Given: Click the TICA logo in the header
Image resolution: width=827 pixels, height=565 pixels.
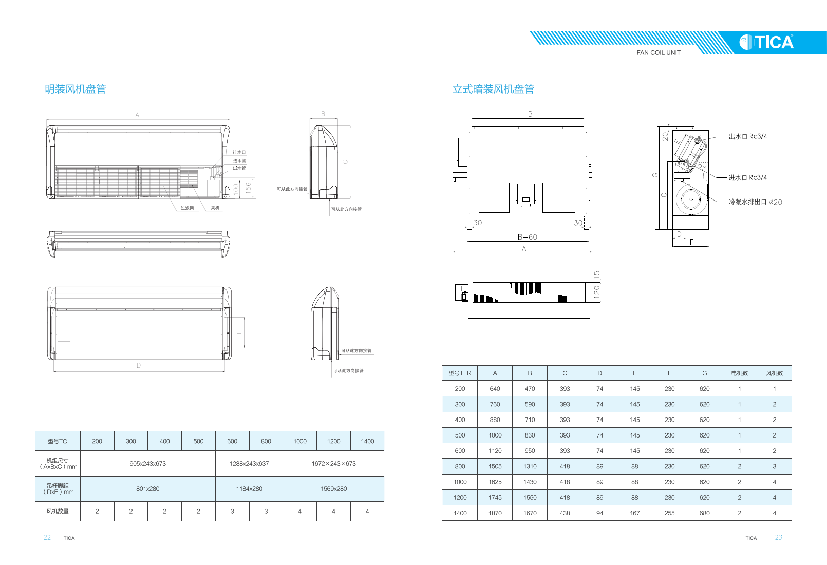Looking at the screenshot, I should click(x=766, y=42).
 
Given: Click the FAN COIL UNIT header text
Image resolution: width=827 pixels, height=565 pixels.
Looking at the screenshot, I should click(x=659, y=53).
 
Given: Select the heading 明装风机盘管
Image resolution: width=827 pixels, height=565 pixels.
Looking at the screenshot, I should click(x=76, y=89).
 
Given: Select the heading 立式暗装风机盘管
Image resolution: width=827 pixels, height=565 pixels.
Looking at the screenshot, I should click(x=493, y=89).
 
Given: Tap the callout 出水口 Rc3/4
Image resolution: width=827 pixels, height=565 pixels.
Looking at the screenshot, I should click(x=747, y=137).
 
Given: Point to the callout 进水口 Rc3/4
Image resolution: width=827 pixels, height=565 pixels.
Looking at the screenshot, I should click(x=747, y=178).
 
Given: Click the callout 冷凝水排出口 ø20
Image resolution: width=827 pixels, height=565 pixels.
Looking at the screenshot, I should click(x=755, y=202).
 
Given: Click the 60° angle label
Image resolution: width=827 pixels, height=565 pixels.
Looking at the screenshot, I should click(x=703, y=165).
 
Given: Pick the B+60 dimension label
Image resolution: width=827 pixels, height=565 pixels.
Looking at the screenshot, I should click(x=528, y=237).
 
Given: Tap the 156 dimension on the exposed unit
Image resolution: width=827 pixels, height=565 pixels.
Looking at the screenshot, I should click(x=249, y=187).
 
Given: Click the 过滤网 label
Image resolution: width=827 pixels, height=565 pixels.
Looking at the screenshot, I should click(x=187, y=208).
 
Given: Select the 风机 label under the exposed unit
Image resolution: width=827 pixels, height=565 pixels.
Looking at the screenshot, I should click(x=215, y=208).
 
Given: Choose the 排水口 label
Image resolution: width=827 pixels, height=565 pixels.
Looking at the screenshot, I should click(x=239, y=152).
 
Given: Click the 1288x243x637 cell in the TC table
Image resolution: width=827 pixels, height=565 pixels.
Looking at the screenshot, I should click(x=249, y=464).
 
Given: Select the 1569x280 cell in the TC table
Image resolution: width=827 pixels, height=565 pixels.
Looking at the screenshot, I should click(x=333, y=489).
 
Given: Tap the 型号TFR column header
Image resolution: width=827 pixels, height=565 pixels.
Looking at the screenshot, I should click(x=460, y=373).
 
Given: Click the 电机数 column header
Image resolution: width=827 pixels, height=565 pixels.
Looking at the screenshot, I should click(x=739, y=373).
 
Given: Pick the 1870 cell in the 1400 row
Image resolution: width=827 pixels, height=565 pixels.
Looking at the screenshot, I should click(x=495, y=513).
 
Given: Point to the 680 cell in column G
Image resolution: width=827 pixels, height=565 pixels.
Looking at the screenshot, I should click(x=704, y=513).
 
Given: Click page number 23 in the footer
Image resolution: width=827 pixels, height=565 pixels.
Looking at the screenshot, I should click(x=778, y=537).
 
